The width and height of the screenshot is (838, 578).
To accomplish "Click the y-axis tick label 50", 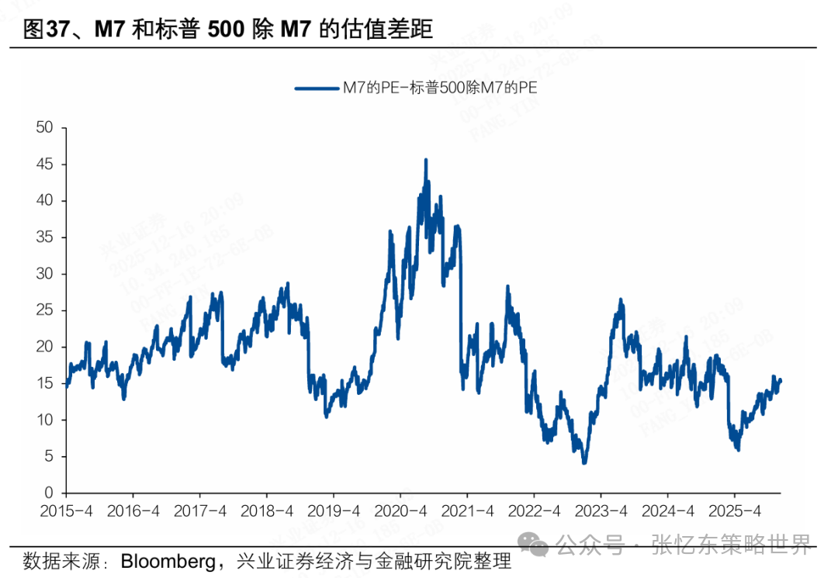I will [45, 128].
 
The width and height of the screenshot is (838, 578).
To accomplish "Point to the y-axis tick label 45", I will [45, 164].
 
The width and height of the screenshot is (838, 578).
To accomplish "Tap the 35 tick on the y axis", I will [45, 237].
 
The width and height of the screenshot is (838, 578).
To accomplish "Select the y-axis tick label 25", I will [45, 310].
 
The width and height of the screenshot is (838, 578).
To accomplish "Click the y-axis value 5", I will [49, 456].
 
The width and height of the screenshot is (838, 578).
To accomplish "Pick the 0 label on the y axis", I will [49, 493].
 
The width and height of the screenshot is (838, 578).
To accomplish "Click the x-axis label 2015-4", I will [66, 511].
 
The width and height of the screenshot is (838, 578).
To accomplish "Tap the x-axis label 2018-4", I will [266, 511].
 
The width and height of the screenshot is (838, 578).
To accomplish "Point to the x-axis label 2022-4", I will [534, 511].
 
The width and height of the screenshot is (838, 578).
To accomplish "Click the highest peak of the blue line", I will [425, 160].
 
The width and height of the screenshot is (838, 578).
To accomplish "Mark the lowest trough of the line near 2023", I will [583, 462].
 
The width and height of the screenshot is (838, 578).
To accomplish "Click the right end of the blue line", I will [780, 380].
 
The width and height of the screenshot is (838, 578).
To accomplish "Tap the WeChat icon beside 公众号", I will [536, 544].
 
